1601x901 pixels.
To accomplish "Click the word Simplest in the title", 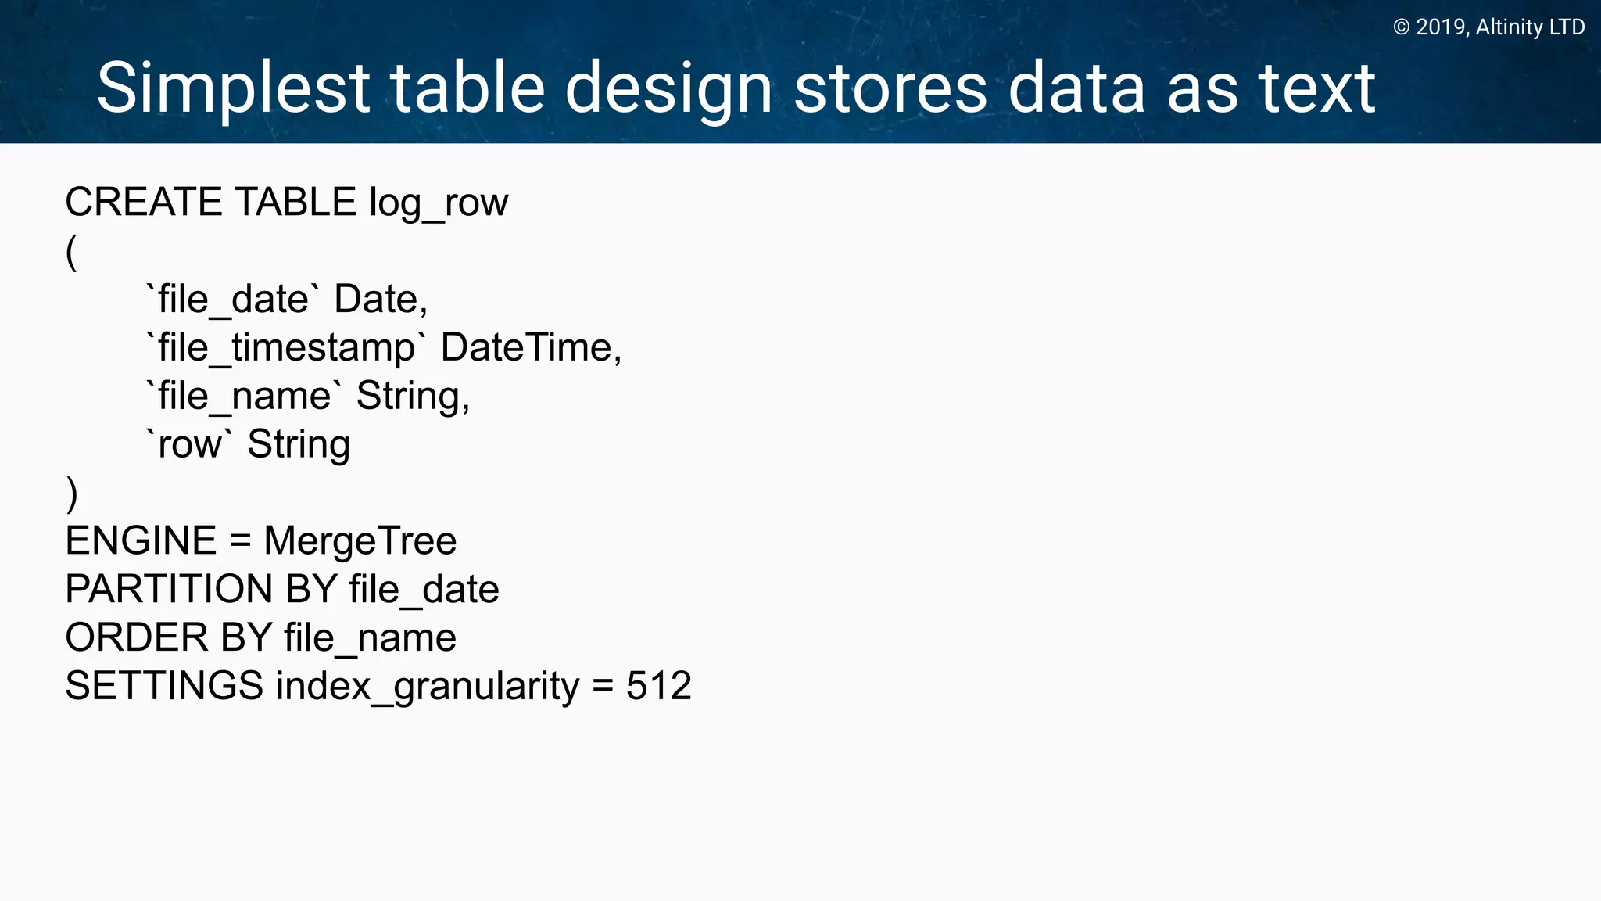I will [x=233, y=89].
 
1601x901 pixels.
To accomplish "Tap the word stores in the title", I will [x=890, y=89].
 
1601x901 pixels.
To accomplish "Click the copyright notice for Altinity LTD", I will [x=1488, y=27].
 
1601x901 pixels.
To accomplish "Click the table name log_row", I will [x=439, y=203].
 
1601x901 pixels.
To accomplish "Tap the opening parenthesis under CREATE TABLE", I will [x=71, y=252].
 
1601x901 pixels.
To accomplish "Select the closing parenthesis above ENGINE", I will [x=72, y=494].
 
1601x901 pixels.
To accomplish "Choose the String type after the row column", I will [x=299, y=444].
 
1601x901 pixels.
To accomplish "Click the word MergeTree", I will [x=360, y=541].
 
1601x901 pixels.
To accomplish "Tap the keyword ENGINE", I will [x=141, y=541].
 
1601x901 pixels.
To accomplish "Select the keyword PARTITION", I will [x=163, y=590].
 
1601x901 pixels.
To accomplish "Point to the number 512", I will [x=658, y=687].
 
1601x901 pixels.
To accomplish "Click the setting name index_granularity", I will [x=428, y=687].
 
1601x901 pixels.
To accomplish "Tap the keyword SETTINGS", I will [x=164, y=687].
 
